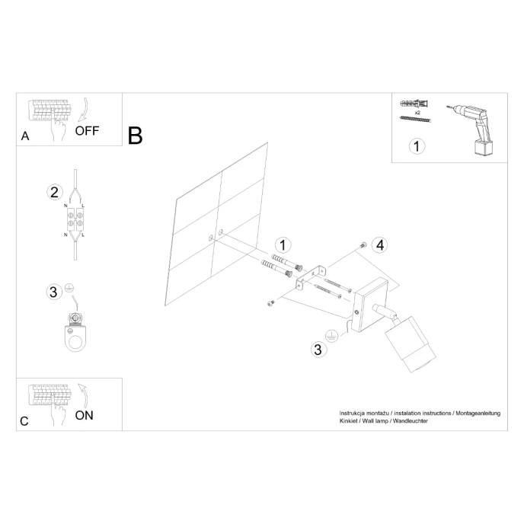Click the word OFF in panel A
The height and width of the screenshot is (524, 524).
coord(87,130)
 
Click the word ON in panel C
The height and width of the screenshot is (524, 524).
coord(85,415)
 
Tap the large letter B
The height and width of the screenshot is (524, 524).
coord(136,136)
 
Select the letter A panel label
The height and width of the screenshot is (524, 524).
coord(25,137)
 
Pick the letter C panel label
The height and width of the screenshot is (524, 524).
coord(24,421)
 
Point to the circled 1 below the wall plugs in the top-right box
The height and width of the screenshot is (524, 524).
coord(416,145)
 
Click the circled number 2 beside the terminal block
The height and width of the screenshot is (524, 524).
coord(53,191)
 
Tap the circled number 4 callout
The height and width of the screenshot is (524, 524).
coord(380,244)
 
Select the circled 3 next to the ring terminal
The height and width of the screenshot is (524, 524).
coord(53,292)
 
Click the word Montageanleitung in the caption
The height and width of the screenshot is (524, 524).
coord(478,413)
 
